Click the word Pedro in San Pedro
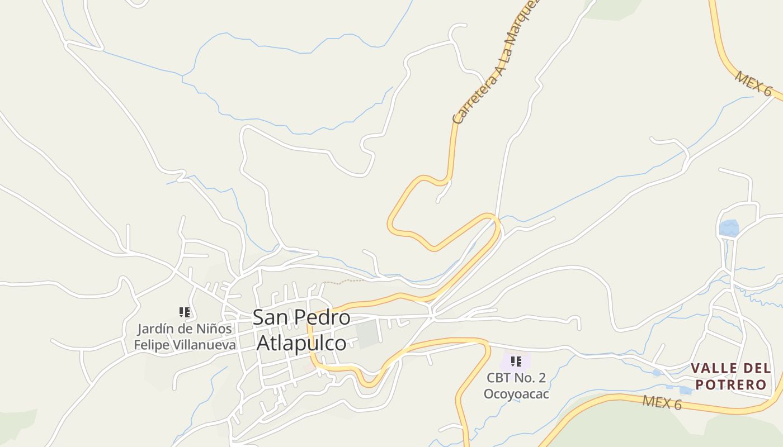click(322, 318)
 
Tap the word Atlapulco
click(301, 343)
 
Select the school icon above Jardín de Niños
click(185, 312)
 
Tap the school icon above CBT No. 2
click(516, 362)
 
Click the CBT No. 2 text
click(516, 378)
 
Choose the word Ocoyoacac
click(516, 394)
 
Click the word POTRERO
click(730, 385)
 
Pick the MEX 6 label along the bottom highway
click(662, 402)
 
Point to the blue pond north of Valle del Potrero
click(729, 228)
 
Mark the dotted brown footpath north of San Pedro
click(342, 282)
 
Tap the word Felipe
click(151, 345)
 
